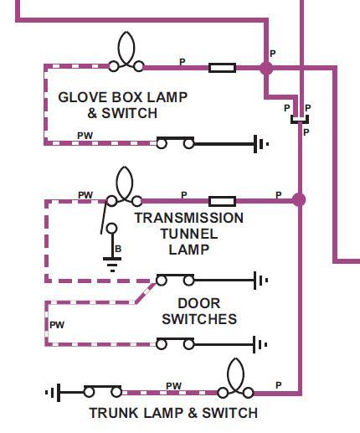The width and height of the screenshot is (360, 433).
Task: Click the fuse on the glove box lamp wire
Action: tap(222, 68)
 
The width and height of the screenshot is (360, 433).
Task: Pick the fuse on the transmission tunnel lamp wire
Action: tap(222, 201)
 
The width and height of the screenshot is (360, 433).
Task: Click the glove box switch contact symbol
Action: tap(175, 142)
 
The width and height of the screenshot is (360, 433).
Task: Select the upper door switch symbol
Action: tap(175, 280)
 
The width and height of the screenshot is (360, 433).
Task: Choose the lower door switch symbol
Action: tap(175, 343)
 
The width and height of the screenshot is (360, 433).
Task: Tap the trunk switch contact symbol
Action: tap(103, 391)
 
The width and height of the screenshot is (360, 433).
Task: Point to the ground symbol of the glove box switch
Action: tap(261, 144)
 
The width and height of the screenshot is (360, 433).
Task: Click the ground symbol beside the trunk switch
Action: tap(53, 393)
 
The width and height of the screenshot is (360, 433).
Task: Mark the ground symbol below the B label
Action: tap(112, 265)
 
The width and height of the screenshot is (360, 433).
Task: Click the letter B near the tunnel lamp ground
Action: tap(118, 249)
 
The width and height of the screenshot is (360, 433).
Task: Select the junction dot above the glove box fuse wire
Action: tap(266, 68)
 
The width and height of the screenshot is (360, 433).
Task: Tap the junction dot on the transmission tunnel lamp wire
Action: tap(299, 200)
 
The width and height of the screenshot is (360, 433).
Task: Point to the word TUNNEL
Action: tap(189, 234)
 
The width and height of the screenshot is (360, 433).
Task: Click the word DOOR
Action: tap(199, 303)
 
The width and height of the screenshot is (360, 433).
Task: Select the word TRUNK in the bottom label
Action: tap(114, 413)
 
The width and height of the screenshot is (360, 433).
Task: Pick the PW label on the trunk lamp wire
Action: tap(173, 386)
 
